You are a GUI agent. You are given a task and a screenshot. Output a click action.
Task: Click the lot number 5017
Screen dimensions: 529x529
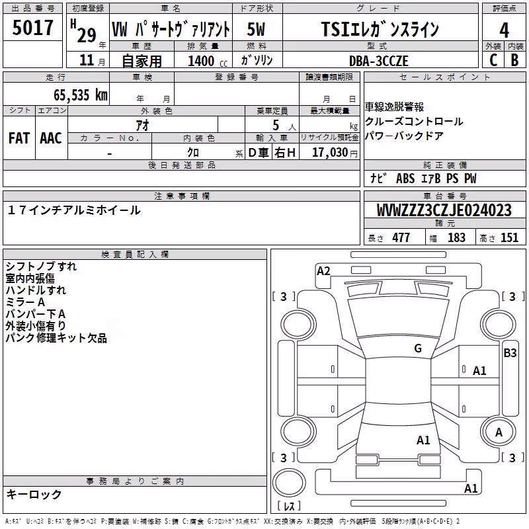32,28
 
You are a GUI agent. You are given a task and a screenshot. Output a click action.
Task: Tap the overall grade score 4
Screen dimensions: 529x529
504,30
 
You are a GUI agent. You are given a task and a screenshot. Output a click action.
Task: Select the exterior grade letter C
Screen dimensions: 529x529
493,60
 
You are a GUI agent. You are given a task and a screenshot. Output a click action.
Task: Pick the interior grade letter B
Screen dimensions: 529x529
515,60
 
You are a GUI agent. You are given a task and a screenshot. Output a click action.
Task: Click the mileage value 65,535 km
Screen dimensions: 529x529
81,95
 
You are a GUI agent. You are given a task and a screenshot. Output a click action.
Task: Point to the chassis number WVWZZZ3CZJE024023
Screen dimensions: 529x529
444,210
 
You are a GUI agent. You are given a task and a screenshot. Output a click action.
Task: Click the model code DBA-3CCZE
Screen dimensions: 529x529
378,61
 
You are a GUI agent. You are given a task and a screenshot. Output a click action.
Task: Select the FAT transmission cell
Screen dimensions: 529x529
19,138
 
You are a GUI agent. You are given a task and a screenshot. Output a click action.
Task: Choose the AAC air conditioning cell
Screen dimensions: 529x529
51,138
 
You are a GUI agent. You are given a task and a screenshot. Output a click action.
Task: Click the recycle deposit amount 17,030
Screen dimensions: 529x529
330,153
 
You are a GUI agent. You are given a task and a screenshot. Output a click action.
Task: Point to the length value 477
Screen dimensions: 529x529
401,237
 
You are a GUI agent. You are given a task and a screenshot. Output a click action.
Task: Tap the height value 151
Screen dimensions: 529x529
509,237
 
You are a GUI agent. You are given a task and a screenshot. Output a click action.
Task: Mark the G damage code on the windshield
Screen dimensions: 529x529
418,348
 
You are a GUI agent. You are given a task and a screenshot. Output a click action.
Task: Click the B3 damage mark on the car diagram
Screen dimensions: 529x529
510,353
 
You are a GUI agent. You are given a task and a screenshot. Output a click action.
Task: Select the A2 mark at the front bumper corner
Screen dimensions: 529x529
323,271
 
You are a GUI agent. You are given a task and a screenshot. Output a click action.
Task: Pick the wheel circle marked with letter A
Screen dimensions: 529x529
498,432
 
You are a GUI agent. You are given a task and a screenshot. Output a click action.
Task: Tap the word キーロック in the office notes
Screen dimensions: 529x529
34,494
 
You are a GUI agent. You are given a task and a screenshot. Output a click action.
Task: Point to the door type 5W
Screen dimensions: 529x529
256,29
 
